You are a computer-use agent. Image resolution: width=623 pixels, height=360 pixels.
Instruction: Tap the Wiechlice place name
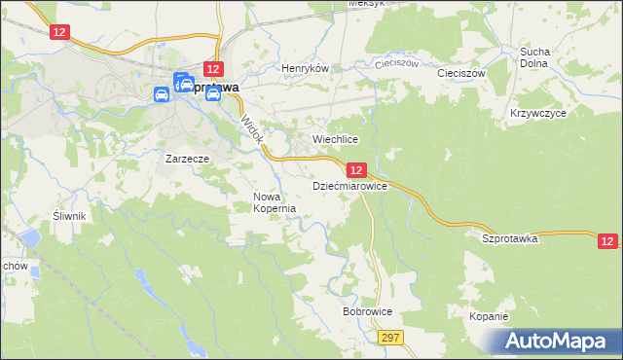336,140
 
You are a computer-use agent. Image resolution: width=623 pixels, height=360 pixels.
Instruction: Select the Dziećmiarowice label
349,185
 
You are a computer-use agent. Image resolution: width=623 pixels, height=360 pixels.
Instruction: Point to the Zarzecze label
187,157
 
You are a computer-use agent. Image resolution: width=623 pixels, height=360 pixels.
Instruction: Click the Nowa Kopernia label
274,202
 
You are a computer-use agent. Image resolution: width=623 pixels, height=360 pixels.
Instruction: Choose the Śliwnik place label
71,216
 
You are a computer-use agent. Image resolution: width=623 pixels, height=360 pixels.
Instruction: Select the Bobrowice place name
367,312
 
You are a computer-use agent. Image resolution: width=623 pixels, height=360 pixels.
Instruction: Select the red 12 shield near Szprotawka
607,241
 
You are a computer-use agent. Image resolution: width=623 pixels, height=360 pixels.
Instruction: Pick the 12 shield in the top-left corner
61,32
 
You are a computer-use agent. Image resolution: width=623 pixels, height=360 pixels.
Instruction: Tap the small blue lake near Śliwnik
31,237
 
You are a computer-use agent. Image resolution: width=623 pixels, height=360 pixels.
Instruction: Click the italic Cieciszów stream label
397,63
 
